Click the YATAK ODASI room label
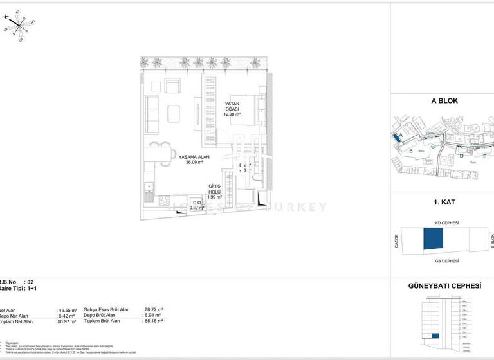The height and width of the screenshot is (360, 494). [232, 106]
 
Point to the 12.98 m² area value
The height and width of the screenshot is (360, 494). [232, 114]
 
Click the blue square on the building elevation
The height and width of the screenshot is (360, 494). [435, 336]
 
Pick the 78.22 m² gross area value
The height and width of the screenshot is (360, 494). [152, 309]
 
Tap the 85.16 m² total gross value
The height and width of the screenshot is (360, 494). [152, 321]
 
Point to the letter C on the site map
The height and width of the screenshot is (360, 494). [434, 146]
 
